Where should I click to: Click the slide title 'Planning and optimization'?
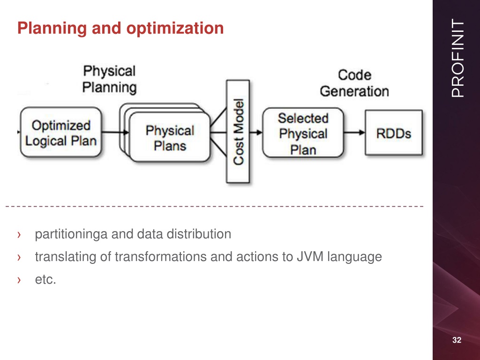coord(120,28)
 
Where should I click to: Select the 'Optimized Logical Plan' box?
coord(60,132)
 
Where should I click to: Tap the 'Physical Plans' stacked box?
coord(165,133)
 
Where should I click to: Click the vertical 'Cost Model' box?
coord(238,132)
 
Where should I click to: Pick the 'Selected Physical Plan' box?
coord(303,133)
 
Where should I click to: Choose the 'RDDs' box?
coord(394,133)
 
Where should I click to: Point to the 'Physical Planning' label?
coord(109,79)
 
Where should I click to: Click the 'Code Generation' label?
coord(354,83)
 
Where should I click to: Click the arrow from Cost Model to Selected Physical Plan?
coord(256,132)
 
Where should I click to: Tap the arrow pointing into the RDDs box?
coord(354,133)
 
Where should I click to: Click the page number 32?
coord(457,340)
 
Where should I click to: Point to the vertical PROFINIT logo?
coord(457,58)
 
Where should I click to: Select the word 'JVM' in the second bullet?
coord(310,256)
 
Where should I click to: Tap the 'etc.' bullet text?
coord(45,279)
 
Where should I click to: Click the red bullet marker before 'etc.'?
coord(19,280)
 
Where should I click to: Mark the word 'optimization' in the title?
coord(175,29)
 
